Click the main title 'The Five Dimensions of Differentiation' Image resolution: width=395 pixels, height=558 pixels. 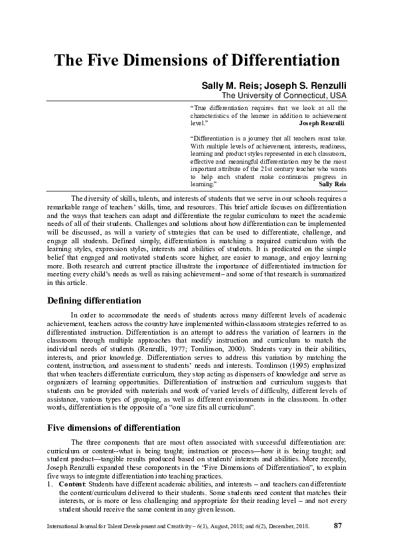coord(197,60)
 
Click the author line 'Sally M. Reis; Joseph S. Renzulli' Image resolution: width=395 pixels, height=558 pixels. coord(274,86)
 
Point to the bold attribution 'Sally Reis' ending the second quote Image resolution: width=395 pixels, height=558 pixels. coord(333,184)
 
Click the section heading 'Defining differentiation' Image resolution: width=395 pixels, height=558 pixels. coord(94,300)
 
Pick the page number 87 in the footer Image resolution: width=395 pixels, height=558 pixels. coord(337,526)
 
